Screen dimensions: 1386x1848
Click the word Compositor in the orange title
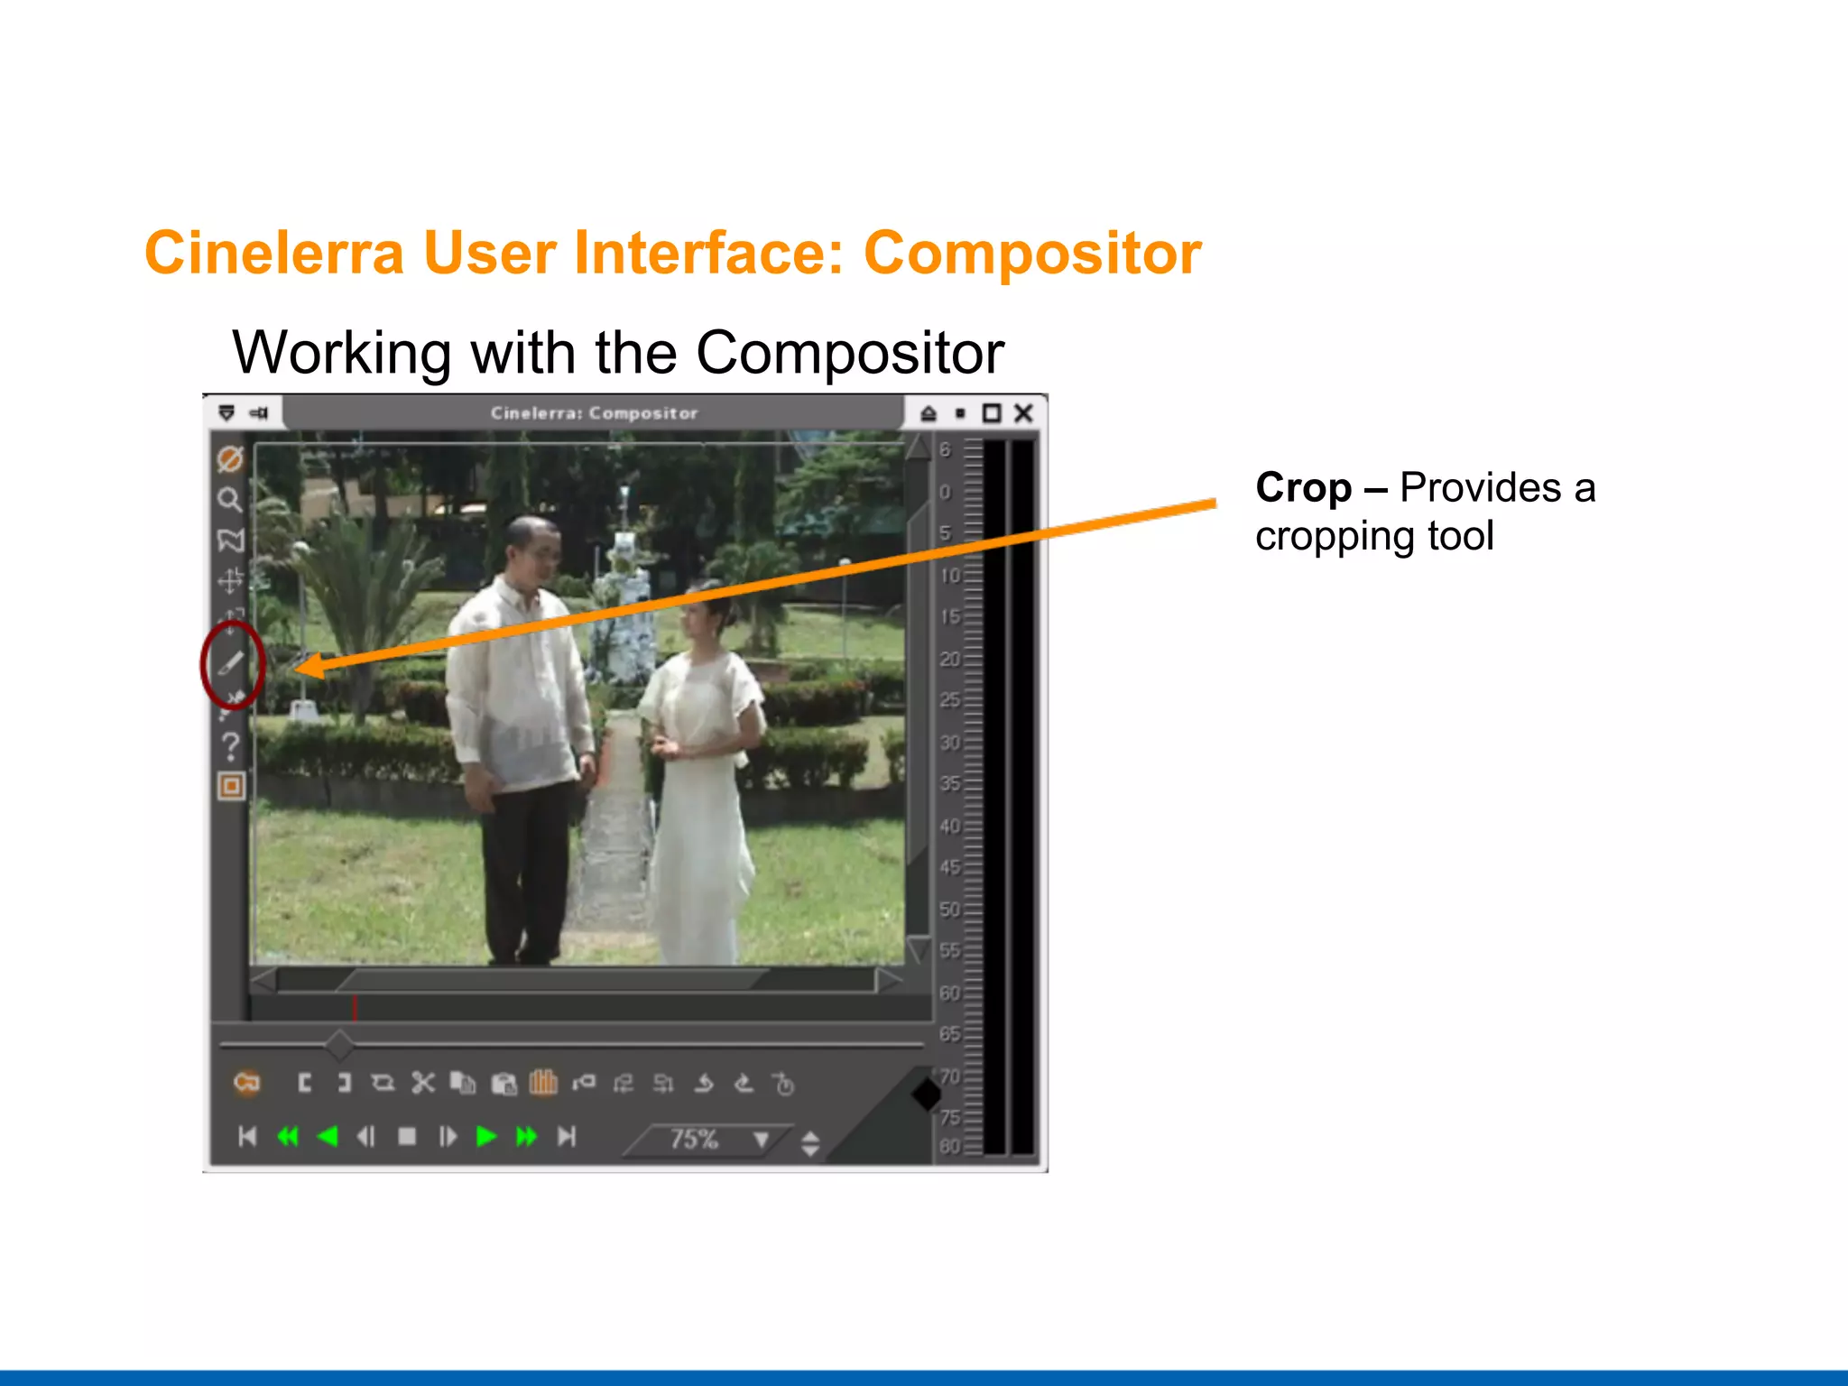(1032, 254)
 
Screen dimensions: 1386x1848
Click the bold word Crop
(1303, 488)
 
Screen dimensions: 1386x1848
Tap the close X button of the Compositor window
(1023, 413)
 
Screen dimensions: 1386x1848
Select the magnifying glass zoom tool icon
(230, 499)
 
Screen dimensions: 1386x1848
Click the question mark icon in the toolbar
(231, 746)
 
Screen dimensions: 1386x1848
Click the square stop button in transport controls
(407, 1136)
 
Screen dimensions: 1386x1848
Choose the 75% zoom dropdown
(713, 1140)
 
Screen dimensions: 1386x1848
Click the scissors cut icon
(422, 1083)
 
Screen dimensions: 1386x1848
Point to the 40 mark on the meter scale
(949, 826)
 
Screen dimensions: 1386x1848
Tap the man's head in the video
(532, 548)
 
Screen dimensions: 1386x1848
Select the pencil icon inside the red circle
(231, 663)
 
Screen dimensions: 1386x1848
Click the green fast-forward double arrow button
(526, 1136)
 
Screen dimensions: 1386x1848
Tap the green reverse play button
(328, 1136)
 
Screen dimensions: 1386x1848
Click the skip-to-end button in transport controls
(566, 1136)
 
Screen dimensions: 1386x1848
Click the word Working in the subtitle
(341, 352)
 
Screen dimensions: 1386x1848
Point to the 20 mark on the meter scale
(949, 659)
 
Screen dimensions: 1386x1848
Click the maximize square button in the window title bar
(992, 413)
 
